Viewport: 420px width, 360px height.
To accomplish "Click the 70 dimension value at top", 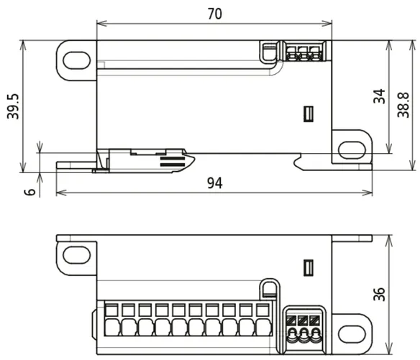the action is click(x=214, y=14).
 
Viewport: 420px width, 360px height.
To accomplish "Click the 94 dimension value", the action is click(x=214, y=183).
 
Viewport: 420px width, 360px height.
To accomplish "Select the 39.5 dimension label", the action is click(x=13, y=106).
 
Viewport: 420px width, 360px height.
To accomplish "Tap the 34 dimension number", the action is click(x=379, y=96).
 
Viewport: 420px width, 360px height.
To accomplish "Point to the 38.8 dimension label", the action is click(x=403, y=105).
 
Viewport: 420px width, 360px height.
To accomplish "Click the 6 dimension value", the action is click(x=30, y=192).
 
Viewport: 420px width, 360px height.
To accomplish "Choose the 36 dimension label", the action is click(x=379, y=295).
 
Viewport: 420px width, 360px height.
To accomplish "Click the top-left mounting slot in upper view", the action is click(x=77, y=60).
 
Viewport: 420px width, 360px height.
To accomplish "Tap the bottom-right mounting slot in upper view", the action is click(x=352, y=150).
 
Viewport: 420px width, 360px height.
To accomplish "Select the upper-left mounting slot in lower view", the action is click(x=77, y=255).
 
